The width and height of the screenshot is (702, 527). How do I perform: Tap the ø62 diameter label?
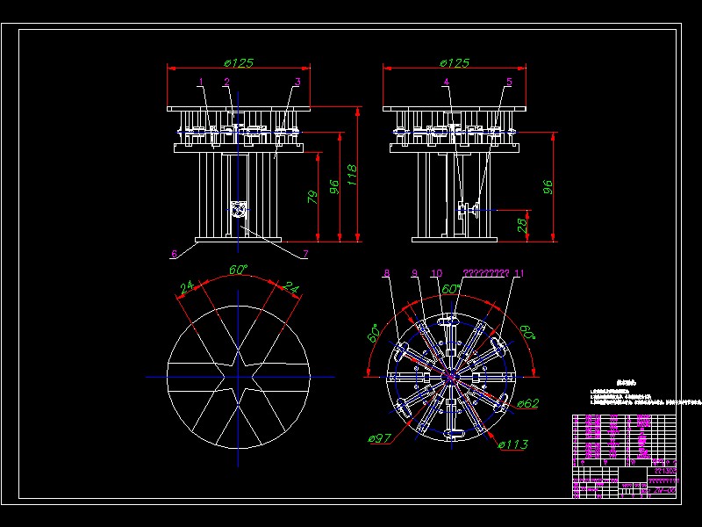(x=527, y=403)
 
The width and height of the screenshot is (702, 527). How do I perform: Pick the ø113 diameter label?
(x=513, y=444)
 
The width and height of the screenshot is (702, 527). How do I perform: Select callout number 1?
(x=201, y=82)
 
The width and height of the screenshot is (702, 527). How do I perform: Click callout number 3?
(x=297, y=82)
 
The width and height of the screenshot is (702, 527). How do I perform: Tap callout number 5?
(x=508, y=82)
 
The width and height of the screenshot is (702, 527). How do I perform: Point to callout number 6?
(x=174, y=254)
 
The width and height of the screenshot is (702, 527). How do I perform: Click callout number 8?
(x=386, y=274)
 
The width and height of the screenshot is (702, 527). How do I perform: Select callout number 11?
(x=519, y=274)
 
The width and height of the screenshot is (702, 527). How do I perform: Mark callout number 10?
(x=437, y=274)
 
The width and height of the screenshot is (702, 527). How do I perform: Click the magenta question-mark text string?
(x=486, y=274)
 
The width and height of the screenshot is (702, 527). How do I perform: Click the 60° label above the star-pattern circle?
(x=238, y=270)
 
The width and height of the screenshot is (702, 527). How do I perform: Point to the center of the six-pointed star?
(x=239, y=376)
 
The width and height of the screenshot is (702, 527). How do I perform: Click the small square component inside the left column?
(x=238, y=210)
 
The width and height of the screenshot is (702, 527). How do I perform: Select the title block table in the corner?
(x=624, y=455)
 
